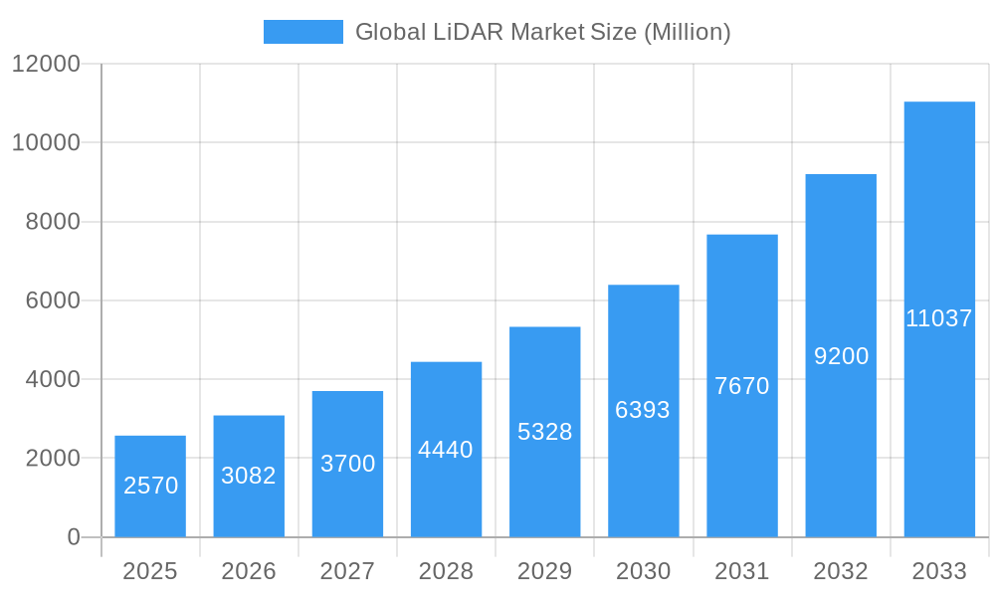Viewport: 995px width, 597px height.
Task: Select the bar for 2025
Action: (x=150, y=487)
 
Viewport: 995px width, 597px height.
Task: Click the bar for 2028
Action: (x=446, y=450)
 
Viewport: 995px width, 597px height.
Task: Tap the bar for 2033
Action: (x=939, y=319)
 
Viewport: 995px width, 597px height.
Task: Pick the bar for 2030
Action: (x=644, y=411)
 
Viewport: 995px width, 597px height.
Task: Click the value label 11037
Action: (x=939, y=318)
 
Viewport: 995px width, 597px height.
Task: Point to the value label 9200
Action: (x=841, y=356)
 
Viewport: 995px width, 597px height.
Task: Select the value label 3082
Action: (x=249, y=476)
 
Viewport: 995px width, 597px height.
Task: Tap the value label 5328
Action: (x=544, y=432)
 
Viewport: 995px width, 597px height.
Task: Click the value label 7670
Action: (x=742, y=386)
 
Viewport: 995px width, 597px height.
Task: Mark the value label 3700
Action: (x=347, y=464)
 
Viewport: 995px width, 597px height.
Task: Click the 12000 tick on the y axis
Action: (x=46, y=64)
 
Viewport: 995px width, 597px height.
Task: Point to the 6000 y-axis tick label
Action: (x=52, y=300)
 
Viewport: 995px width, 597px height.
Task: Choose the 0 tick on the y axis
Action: (x=74, y=537)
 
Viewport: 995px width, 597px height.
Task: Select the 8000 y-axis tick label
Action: (x=52, y=222)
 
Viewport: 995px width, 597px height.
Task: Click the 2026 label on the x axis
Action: (x=249, y=571)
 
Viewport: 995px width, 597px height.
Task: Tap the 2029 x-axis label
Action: (x=544, y=571)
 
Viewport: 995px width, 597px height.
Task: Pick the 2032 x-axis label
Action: (x=841, y=571)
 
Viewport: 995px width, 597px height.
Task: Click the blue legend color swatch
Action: (x=302, y=32)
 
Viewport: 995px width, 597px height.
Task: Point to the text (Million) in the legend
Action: (x=687, y=32)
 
